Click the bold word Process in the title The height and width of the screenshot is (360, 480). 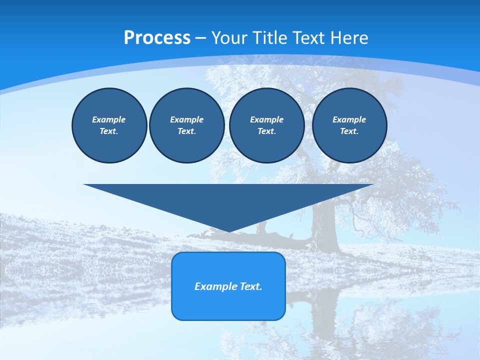pyautogui.click(x=157, y=38)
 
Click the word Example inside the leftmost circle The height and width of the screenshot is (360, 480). pyautogui.click(x=109, y=119)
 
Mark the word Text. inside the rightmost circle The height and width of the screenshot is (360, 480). pyautogui.click(x=349, y=131)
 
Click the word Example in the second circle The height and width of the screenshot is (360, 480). pyautogui.click(x=186, y=119)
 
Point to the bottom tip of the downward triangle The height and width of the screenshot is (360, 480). pyautogui.click(x=228, y=230)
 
